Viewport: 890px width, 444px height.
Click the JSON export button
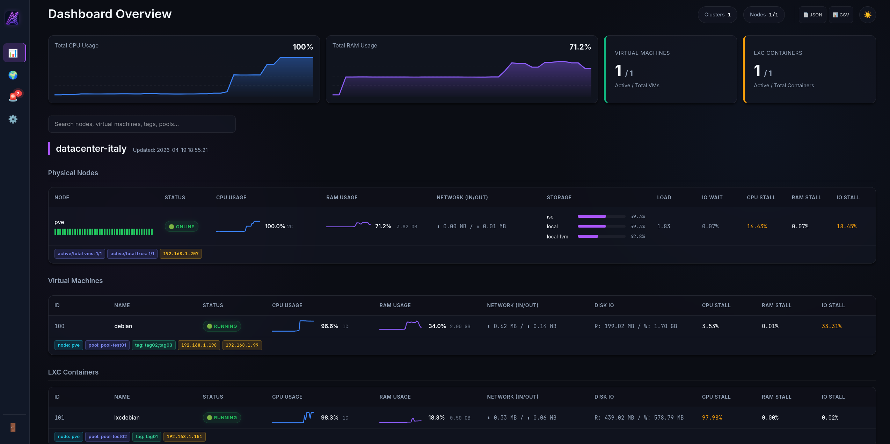(x=812, y=15)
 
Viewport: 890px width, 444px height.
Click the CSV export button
(x=841, y=15)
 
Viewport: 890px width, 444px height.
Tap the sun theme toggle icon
(x=867, y=15)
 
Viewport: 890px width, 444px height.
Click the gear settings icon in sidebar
(x=13, y=119)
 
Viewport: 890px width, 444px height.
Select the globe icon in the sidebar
(x=13, y=75)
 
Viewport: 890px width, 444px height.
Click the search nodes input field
(x=142, y=124)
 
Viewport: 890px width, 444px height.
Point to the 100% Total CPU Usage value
(x=302, y=47)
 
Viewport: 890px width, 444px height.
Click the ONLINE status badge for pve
(x=182, y=227)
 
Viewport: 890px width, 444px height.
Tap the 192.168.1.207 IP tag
(x=181, y=254)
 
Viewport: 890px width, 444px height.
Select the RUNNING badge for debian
(x=222, y=326)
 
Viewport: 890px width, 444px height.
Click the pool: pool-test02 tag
(x=108, y=436)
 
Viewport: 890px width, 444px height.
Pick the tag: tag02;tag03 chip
(x=153, y=345)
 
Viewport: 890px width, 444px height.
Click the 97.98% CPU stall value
(x=712, y=417)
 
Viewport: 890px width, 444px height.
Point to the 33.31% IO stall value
(x=831, y=326)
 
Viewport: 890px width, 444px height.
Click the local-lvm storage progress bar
(x=601, y=236)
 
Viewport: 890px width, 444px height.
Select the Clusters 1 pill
(x=717, y=15)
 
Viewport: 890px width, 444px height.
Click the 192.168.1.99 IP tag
(x=242, y=345)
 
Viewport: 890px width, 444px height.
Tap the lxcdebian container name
(x=127, y=417)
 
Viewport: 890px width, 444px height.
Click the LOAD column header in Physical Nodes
(x=664, y=198)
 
